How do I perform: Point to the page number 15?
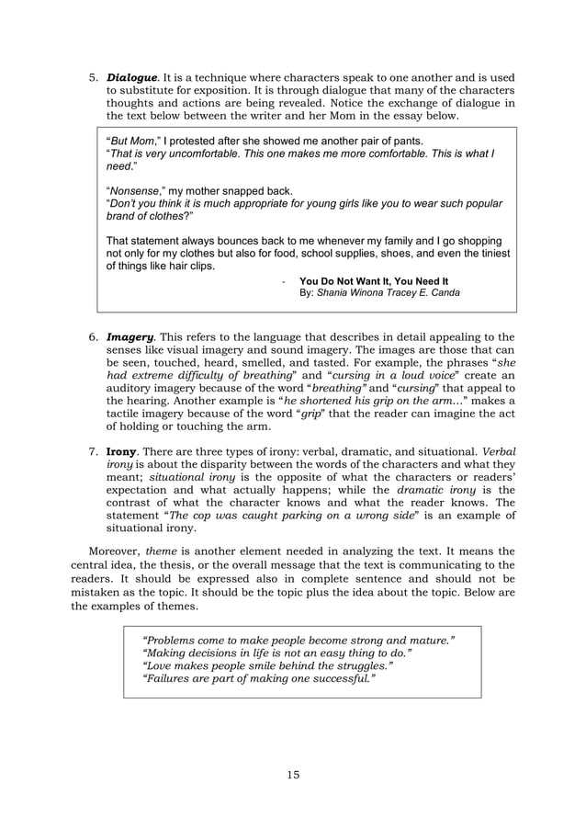point(293,775)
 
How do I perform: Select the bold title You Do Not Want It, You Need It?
point(374,280)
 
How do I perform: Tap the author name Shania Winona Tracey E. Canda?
point(389,293)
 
